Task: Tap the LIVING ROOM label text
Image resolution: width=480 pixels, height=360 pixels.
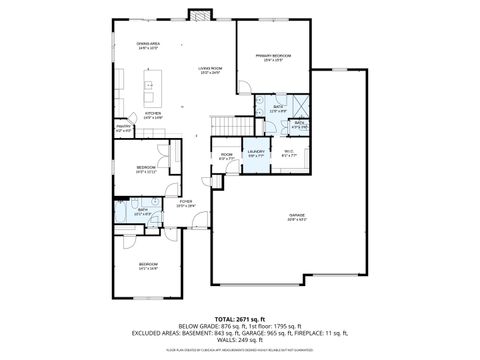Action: (209, 70)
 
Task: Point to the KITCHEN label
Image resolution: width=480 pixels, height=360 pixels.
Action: (152, 115)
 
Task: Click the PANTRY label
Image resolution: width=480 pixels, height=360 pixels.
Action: (123, 128)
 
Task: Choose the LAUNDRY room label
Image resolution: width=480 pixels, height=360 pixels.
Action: (255, 153)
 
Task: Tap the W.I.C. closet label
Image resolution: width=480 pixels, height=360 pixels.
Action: (289, 153)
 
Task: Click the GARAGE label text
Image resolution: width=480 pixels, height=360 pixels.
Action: (297, 217)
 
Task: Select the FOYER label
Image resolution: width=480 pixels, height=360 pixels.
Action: (185, 203)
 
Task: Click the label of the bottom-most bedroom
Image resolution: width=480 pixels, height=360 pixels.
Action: (148, 266)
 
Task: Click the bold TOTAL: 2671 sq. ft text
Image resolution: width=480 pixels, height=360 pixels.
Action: (239, 318)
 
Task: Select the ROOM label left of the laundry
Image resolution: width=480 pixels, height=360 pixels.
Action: (226, 156)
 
